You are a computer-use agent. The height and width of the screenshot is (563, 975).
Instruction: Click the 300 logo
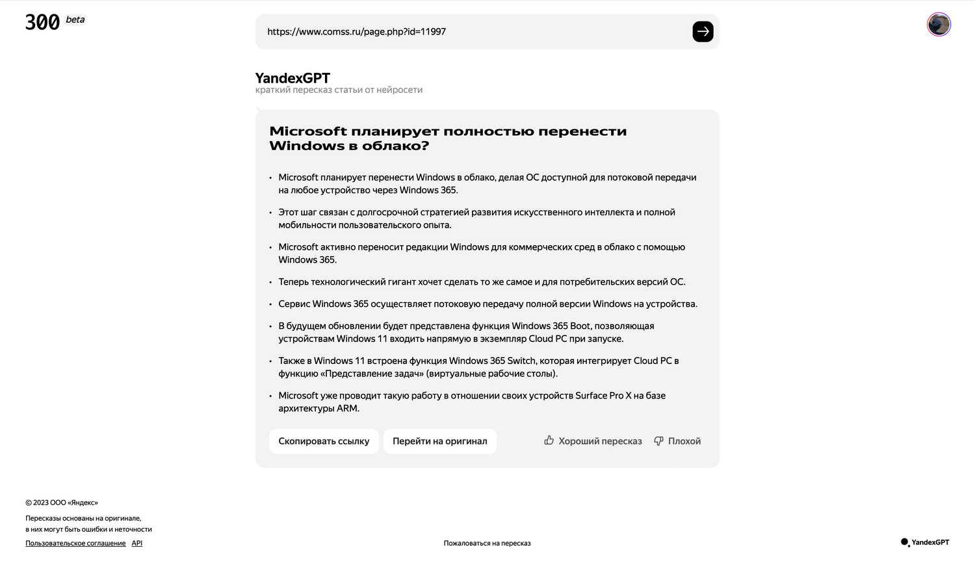42,23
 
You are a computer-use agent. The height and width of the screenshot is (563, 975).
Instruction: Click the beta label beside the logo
75,20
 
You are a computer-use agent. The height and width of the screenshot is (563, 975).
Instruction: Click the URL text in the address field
356,31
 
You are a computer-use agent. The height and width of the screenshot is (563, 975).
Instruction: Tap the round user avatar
939,25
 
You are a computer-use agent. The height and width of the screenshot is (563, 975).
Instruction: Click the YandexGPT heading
292,78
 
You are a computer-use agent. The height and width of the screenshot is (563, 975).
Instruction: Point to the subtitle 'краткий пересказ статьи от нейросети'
339,90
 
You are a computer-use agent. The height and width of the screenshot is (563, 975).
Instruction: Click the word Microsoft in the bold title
308,131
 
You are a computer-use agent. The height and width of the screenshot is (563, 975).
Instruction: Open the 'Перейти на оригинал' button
439,441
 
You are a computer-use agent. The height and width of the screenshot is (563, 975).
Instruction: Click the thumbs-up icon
549,440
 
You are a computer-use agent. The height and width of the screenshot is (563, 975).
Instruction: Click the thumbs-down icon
658,441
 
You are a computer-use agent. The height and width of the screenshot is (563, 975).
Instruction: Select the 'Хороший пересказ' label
600,441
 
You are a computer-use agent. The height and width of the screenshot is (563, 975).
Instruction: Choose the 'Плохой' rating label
684,441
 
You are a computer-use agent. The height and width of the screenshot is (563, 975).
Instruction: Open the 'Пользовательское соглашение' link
75,543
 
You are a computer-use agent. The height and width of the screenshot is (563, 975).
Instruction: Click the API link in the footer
136,543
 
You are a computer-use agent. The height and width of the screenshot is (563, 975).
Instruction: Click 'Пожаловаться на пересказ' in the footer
487,543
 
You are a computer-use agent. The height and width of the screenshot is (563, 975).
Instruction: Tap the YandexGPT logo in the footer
925,542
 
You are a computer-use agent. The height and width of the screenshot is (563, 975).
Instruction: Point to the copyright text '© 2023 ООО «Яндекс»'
62,503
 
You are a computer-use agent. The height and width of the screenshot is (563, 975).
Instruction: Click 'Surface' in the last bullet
591,395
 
